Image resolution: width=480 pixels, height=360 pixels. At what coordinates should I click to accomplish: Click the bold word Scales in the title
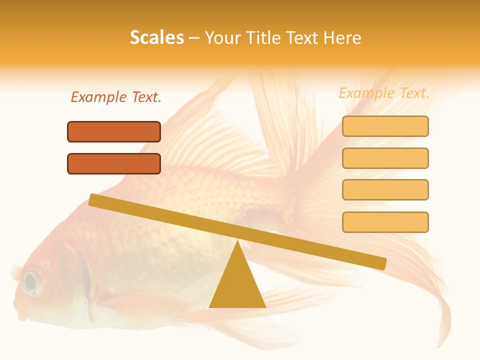pos(156,37)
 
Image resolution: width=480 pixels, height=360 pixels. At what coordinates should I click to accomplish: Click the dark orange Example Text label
pos(116,97)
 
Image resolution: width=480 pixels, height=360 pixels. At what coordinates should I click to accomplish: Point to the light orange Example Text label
pos(384,93)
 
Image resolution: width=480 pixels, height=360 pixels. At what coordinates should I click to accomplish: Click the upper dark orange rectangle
pos(114,131)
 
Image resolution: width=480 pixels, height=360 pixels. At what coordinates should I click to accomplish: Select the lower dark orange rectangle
pos(114,163)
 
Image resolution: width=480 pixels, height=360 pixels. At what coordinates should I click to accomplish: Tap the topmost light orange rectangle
pos(385,126)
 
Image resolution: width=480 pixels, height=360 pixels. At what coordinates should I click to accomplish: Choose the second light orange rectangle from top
pos(385,158)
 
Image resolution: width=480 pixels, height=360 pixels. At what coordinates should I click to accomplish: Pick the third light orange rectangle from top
pos(385,189)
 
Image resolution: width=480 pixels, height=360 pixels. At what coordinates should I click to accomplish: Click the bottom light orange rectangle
pos(385,221)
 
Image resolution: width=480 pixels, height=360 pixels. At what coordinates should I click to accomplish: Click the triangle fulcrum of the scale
pos(237,282)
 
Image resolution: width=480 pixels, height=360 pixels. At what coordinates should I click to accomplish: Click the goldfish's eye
pos(31,282)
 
